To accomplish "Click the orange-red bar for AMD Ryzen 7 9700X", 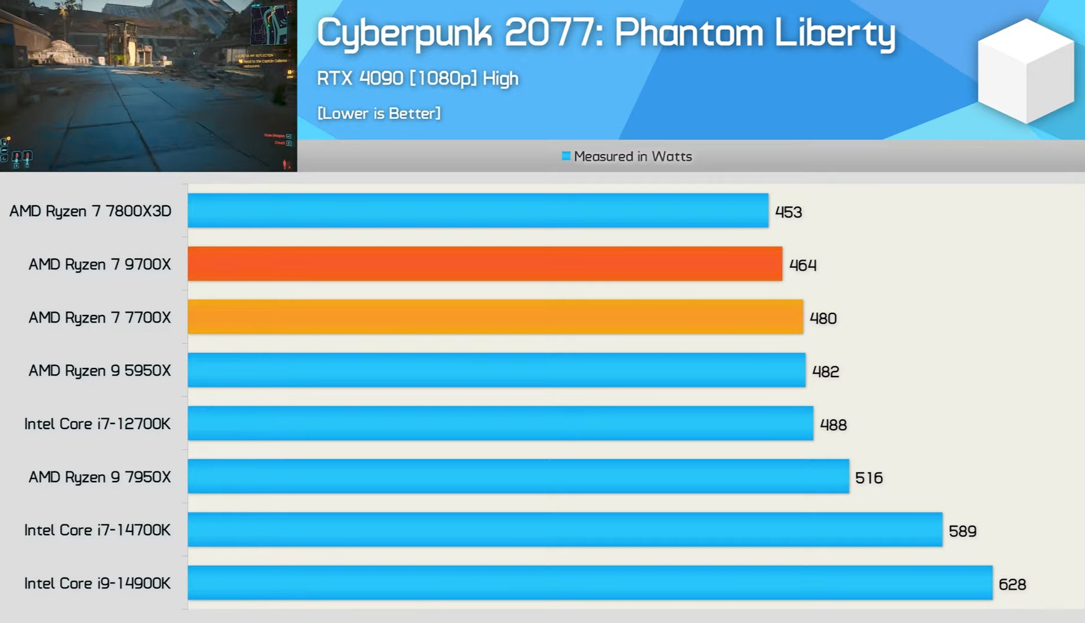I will [485, 264].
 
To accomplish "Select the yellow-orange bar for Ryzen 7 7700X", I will [495, 317].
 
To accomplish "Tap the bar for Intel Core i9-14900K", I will [589, 583].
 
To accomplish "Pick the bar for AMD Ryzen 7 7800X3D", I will [478, 211].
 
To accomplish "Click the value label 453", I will [788, 212].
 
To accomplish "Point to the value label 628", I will [1012, 584].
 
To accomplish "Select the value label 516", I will [868, 478].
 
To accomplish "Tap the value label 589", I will [962, 531].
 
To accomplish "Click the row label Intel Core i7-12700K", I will [97, 424].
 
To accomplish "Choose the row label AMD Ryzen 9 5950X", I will [100, 370].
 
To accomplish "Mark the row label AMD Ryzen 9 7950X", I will [100, 477].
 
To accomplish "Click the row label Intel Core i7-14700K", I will [97, 530].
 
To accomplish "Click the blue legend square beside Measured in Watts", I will [566, 156].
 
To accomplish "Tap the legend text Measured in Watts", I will [633, 156].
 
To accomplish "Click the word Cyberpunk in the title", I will [404, 33].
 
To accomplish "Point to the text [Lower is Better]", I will [379, 113].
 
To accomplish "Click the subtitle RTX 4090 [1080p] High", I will [417, 78].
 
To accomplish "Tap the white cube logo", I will [1026, 70].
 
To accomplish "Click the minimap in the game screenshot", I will [269, 25].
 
